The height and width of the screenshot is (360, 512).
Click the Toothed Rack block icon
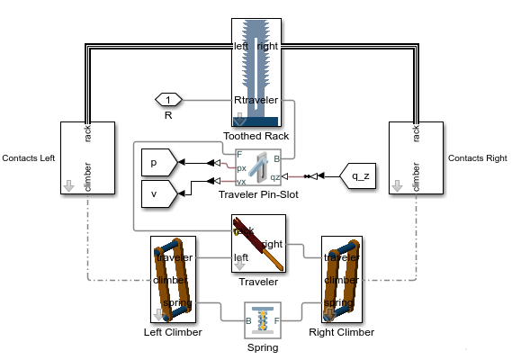click(x=256, y=71)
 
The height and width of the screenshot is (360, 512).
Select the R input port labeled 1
click(x=168, y=99)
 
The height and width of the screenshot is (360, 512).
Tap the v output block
click(x=159, y=192)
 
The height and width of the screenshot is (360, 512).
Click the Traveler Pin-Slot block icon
click(x=257, y=167)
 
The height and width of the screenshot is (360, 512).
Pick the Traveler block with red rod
click(x=258, y=244)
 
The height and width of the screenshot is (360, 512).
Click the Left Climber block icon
click(x=173, y=280)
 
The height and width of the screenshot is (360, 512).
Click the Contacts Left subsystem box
click(x=85, y=158)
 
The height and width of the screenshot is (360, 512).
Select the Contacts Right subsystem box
click(x=415, y=158)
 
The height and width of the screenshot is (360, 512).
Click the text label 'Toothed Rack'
click(x=257, y=135)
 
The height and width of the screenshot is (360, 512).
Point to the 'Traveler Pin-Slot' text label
click(x=257, y=193)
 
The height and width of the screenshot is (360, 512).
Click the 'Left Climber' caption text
click(x=173, y=332)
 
